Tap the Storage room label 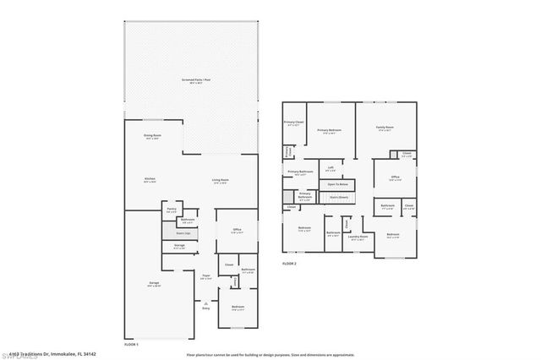pos(179,247)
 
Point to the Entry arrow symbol pos(205,304)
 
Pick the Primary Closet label pos(294,123)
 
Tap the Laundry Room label pos(358,237)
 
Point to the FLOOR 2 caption pos(290,265)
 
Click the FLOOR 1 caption pos(131,345)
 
